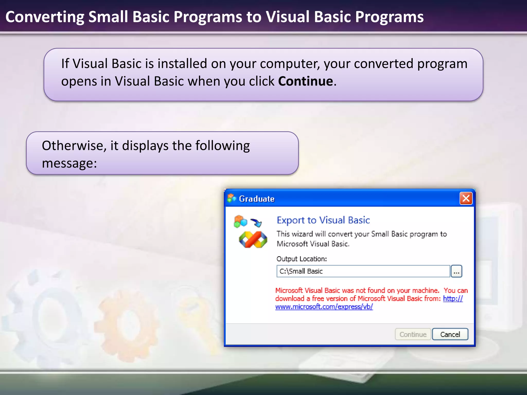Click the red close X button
tap(466, 199)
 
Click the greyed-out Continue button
tap(413, 334)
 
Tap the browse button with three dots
tap(456, 272)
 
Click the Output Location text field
tap(363, 271)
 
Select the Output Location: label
tap(301, 259)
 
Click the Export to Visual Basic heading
tap(323, 220)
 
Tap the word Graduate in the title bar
tap(257, 199)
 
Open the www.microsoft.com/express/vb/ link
tap(324, 307)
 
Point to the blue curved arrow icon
tap(256, 222)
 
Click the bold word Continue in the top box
tap(305, 81)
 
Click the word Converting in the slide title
tap(45, 17)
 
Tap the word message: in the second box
tap(69, 163)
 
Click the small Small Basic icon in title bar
tap(231, 198)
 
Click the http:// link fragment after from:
tap(453, 299)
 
